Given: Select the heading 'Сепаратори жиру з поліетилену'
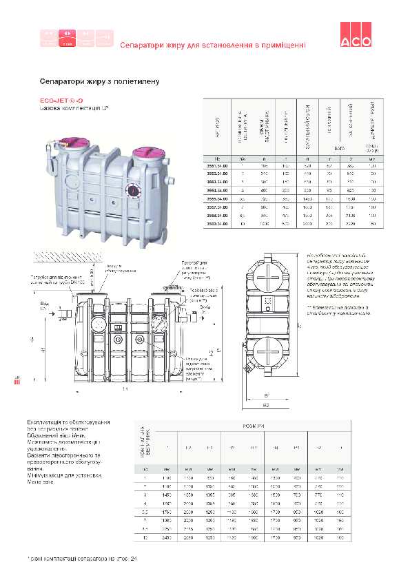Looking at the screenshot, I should (100, 81).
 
